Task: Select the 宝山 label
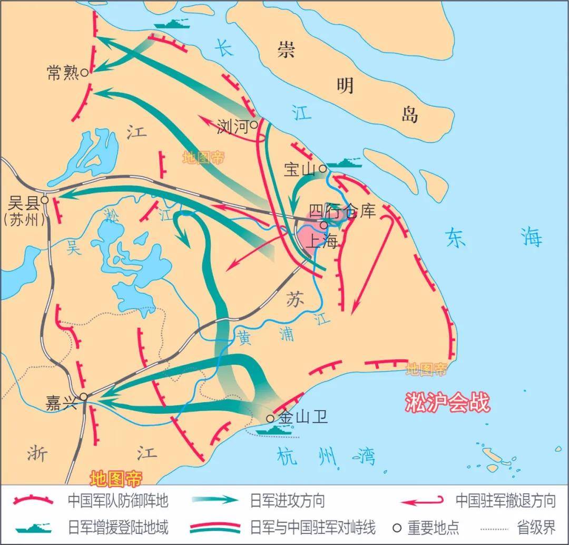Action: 299,169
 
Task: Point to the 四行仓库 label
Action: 342,211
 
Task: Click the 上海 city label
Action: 321,241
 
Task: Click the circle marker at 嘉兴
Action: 83,396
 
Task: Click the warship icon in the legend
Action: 34,527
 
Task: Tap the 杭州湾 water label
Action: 327,455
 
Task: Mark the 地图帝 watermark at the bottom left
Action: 116,479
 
